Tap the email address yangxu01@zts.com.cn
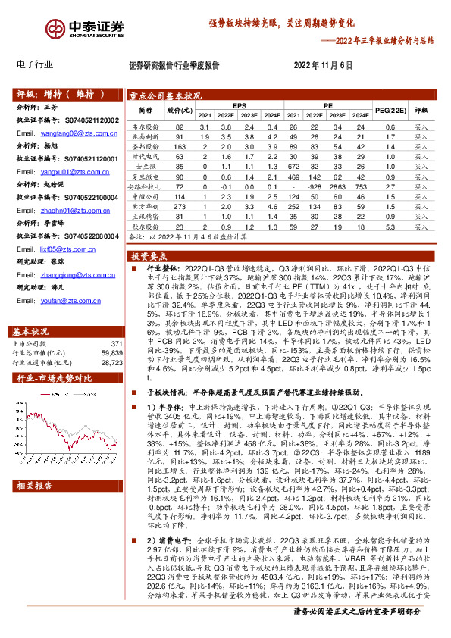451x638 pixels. pos(72,172)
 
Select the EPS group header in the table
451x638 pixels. pos(240,105)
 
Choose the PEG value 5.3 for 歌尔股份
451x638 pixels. pos(390,227)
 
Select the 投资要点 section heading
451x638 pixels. pos(149,257)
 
